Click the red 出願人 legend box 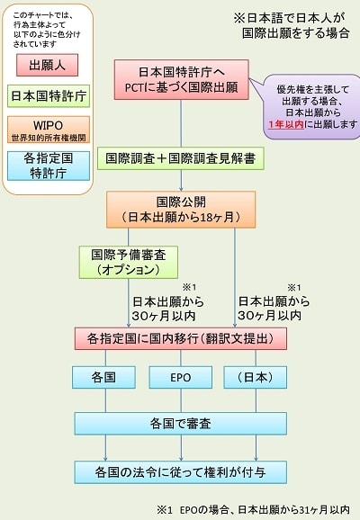(47, 65)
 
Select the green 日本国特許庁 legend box (49, 96)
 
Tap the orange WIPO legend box (49, 130)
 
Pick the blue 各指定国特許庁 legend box (49, 166)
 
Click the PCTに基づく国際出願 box (182, 79)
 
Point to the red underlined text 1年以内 (286, 124)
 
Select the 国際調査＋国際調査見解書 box (181, 158)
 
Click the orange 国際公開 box (181, 210)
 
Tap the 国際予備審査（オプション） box (129, 262)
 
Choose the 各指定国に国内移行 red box (181, 338)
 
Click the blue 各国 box (103, 377)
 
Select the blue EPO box (181, 377)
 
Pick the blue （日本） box (256, 377)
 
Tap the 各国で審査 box (181, 424)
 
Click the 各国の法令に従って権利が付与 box (181, 472)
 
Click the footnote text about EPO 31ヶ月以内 (253, 509)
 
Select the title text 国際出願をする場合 (295, 33)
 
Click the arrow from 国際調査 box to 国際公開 (181, 181)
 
